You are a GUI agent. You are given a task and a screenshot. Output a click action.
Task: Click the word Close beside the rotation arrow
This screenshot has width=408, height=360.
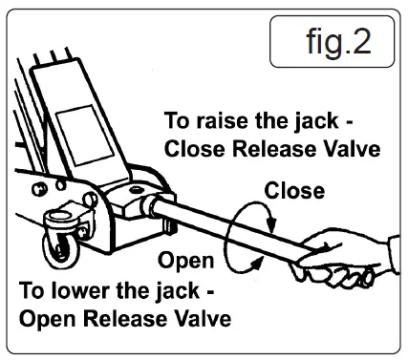294,191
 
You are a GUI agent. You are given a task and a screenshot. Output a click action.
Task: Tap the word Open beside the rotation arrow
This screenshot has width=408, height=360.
185,260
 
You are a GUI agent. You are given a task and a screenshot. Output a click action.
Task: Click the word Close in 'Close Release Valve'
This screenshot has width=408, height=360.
192,149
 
